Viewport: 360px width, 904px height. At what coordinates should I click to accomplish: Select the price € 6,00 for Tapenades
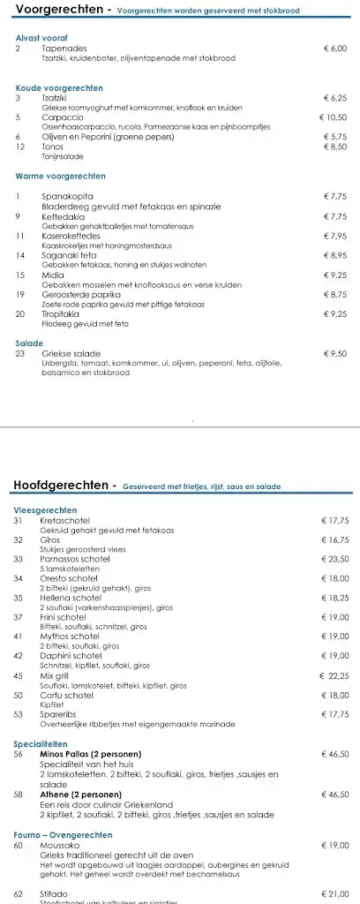337,49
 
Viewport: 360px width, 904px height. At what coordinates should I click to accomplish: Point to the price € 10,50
334,117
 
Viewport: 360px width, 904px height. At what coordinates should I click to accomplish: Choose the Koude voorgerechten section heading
59,88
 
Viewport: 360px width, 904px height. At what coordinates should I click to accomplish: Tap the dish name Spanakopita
67,196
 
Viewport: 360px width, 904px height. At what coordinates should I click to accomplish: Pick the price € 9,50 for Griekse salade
336,354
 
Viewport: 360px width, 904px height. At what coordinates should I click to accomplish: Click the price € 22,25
334,675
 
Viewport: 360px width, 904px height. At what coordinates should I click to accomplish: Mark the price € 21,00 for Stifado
336,893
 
